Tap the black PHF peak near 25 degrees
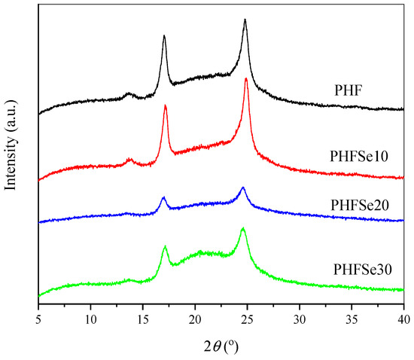point(245,20)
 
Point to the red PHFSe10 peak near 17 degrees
point(165,106)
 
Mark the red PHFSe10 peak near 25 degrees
point(246,79)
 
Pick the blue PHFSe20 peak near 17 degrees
point(163,197)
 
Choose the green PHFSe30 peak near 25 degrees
point(243,228)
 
